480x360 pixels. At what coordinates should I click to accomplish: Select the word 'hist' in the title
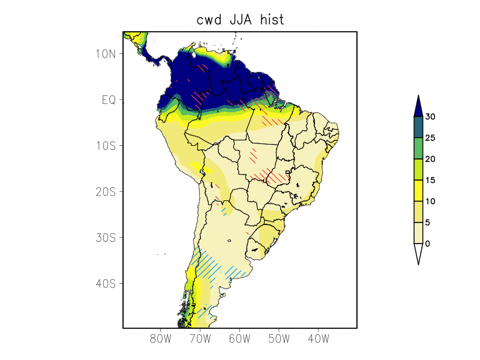(x=272, y=20)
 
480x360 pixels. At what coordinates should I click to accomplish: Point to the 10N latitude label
(x=105, y=53)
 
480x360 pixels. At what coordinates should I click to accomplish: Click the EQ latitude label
(x=108, y=100)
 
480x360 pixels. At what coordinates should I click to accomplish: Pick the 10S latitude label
(x=105, y=146)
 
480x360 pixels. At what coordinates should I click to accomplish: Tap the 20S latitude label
(x=105, y=191)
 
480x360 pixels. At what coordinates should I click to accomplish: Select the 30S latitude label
(x=105, y=238)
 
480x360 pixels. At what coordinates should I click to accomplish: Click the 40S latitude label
(x=105, y=283)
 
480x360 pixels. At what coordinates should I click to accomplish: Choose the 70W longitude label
(x=200, y=339)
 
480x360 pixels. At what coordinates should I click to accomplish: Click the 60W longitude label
(x=239, y=339)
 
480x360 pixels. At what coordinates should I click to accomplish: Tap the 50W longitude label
(x=279, y=339)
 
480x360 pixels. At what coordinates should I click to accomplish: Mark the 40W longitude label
(x=318, y=339)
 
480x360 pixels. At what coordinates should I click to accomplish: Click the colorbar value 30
(x=430, y=116)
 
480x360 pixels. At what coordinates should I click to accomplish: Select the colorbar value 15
(x=430, y=180)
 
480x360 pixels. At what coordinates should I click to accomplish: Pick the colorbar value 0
(x=428, y=244)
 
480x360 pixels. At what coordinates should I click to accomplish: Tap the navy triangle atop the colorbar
(x=418, y=106)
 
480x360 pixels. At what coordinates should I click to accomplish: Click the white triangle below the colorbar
(x=418, y=253)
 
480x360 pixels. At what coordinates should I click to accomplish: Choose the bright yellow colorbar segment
(x=418, y=191)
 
